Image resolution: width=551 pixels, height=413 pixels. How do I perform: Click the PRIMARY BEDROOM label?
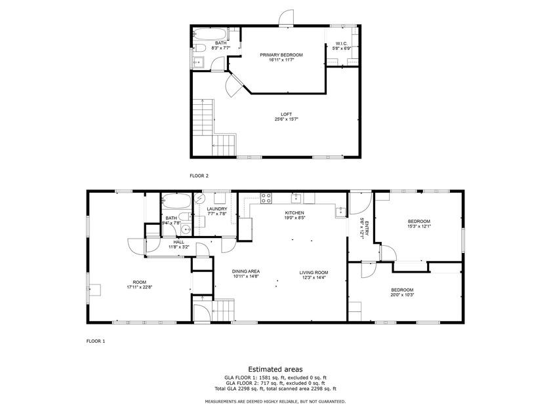point(281,55)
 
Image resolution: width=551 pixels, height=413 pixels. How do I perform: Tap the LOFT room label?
point(286,115)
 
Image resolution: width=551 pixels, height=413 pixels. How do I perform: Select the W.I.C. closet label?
point(342,43)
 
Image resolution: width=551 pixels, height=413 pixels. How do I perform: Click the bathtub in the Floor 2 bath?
point(209,34)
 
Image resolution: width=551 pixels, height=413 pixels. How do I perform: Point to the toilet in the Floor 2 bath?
point(200,48)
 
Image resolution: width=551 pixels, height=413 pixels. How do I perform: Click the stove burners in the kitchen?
point(266,199)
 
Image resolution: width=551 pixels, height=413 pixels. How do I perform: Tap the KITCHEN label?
point(294,213)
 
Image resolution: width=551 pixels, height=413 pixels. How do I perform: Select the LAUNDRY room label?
point(217,209)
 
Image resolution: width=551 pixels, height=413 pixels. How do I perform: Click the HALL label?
point(178,243)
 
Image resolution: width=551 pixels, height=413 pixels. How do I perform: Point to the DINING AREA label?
point(245,271)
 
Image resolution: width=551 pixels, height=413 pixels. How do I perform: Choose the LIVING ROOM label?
point(314,273)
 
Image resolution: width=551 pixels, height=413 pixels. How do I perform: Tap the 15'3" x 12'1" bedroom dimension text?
point(419,226)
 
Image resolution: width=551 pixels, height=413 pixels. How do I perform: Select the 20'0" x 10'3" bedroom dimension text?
point(402,295)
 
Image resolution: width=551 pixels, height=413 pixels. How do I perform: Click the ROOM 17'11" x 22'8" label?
point(139,285)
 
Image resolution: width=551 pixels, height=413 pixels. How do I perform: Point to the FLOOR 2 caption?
point(199,176)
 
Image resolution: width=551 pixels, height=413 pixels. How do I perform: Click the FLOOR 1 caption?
point(96,341)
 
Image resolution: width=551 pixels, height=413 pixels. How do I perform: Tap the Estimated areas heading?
point(275,369)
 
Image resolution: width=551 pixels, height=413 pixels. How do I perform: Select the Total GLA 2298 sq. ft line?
point(275,389)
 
